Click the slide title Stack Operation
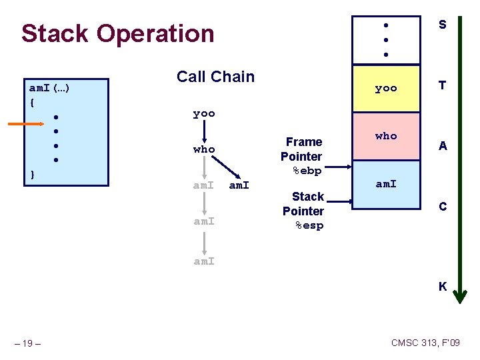click(117, 33)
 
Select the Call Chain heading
click(215, 77)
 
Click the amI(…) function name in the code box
click(51, 88)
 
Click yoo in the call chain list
click(204, 114)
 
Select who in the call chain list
click(204, 149)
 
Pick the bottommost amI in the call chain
click(204, 261)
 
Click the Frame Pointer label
click(301, 149)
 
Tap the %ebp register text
click(307, 171)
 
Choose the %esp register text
click(309, 226)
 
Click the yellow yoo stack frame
click(386, 88)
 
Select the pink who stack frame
click(386, 137)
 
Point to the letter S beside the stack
click(442, 25)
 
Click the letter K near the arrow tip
click(442, 287)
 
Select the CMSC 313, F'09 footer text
click(425, 343)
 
